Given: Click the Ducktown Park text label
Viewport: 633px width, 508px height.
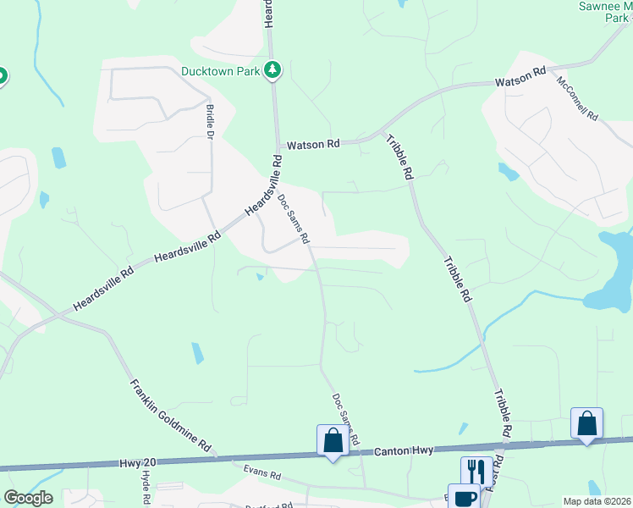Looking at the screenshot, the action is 220,71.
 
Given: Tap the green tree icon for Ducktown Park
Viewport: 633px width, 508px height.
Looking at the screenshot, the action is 272,70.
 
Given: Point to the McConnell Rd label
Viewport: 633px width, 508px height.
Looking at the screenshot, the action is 578,97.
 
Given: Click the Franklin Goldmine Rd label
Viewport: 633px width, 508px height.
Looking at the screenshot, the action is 171,416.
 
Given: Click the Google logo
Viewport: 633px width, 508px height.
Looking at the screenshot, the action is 28,498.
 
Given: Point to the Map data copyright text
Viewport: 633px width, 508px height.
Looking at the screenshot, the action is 597,501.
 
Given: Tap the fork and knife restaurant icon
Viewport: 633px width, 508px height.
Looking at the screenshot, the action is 475,471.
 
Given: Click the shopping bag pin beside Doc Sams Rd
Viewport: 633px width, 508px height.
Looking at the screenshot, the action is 333,440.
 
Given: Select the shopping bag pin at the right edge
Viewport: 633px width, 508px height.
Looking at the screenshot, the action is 586,424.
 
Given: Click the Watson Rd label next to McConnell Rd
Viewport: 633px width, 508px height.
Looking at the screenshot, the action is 520,78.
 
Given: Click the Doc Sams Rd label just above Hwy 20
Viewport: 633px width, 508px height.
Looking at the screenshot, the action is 346,419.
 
